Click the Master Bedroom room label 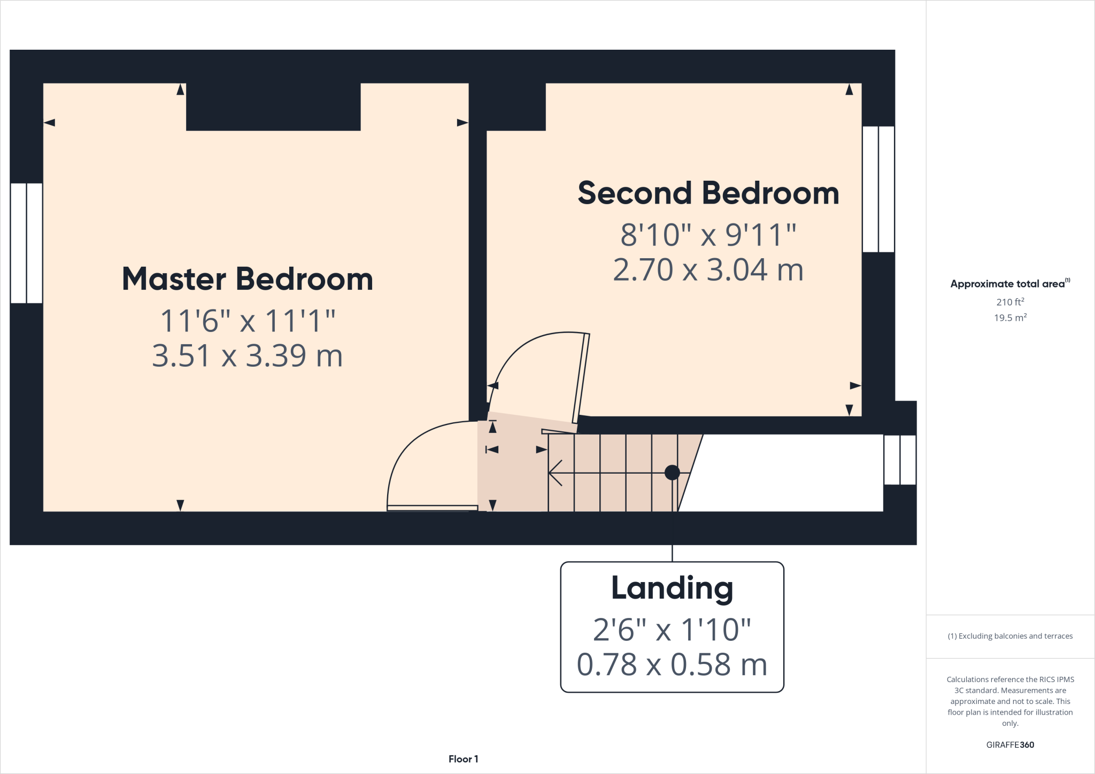pos(247,279)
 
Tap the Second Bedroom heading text pos(708,193)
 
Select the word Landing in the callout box pos(672,588)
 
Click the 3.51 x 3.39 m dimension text pos(247,356)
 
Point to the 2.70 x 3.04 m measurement pos(708,270)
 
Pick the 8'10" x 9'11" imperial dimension pos(708,235)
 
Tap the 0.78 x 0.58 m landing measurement pos(672,664)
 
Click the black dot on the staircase pos(672,473)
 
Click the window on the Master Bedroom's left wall pos(26,243)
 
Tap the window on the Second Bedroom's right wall pos(878,189)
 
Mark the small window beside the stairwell pos(900,460)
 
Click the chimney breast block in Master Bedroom pos(273,106)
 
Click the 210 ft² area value pos(1009,302)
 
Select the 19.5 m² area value pos(1009,318)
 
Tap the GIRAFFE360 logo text pos(1009,745)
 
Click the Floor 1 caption pos(463,759)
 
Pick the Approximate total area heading pos(1009,284)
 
